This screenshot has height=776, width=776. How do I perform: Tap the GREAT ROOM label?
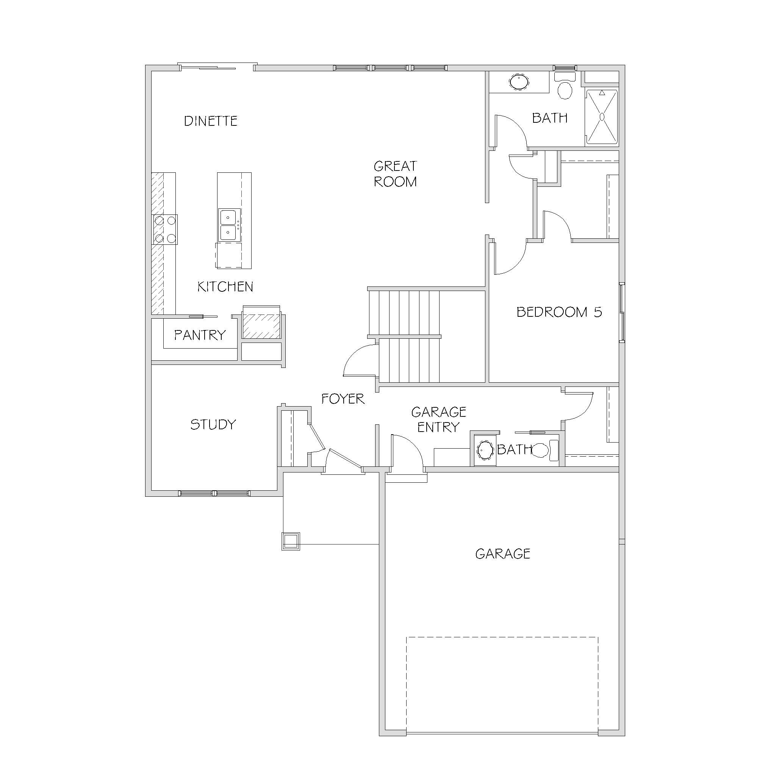395,174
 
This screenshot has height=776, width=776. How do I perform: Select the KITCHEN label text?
225,286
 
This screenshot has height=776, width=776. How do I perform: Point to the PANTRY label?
200,335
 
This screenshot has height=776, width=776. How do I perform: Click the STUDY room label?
213,424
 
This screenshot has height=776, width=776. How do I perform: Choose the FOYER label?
343,399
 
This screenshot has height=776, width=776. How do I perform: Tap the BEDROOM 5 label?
559,312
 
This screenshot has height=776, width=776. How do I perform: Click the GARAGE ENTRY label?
439,419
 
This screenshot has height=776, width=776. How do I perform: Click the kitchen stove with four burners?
165,229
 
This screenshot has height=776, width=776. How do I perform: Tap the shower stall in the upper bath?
602,116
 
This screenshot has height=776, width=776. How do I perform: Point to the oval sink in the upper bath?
519,82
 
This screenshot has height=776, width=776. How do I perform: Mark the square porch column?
290,541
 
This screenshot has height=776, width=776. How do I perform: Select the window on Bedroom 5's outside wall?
622,313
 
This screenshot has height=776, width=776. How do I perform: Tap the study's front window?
214,493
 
